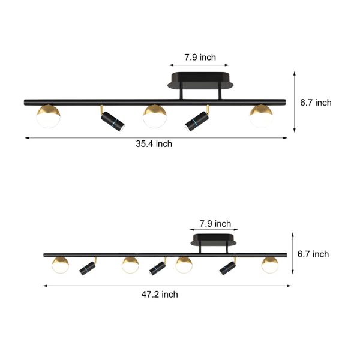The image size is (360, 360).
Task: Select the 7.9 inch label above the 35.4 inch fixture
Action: point(192,58)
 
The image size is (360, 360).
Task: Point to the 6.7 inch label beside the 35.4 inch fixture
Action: point(316,103)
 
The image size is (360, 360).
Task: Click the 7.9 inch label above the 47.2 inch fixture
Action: point(214,224)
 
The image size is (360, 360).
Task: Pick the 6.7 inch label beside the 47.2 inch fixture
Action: point(313,254)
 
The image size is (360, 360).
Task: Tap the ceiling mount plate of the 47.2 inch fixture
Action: point(214,241)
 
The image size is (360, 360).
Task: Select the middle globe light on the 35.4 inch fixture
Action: point(155,116)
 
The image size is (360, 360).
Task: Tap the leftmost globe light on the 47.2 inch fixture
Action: point(60,264)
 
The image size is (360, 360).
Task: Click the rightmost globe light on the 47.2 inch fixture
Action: point(270,264)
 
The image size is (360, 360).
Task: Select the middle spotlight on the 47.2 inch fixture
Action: point(158,267)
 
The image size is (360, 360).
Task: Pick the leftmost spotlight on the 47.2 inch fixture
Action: point(88,268)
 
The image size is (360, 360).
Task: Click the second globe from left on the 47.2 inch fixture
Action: point(130,264)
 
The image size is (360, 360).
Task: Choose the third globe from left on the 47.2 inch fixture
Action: point(184,264)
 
